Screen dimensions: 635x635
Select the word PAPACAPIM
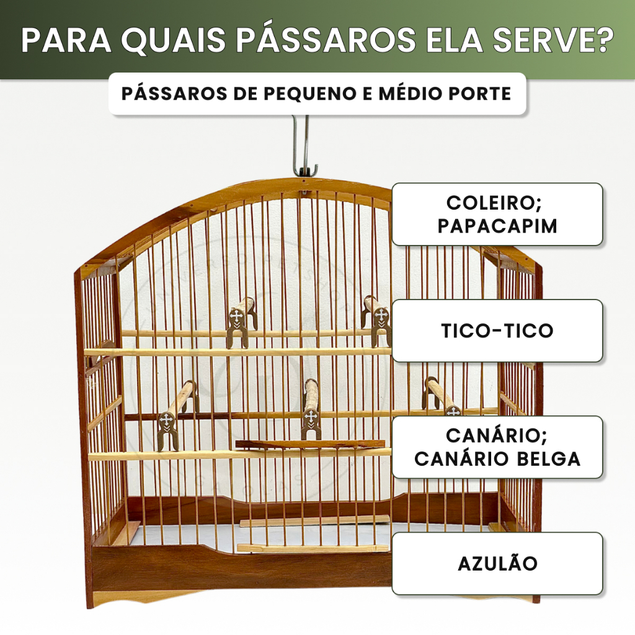coord(497,226)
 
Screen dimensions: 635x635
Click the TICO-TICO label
coord(497,331)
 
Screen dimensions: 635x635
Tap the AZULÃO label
coord(497,564)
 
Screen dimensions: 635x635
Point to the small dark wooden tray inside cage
coord(310,444)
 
